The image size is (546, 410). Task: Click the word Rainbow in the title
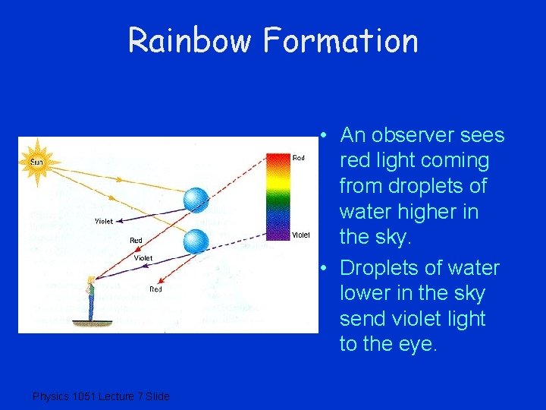click(x=190, y=40)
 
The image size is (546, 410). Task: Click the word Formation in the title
click(x=340, y=40)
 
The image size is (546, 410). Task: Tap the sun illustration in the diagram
click(x=37, y=161)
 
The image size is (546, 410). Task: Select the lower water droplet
click(x=196, y=241)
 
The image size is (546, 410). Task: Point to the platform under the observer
click(x=92, y=323)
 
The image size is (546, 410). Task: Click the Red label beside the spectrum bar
click(x=299, y=158)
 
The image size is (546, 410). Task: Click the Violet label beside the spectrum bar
click(x=301, y=235)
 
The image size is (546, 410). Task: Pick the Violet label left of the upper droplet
click(x=104, y=221)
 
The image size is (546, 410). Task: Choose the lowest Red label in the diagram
click(x=155, y=289)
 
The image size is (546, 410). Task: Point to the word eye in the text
click(x=417, y=344)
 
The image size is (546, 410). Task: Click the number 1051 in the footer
click(x=81, y=396)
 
